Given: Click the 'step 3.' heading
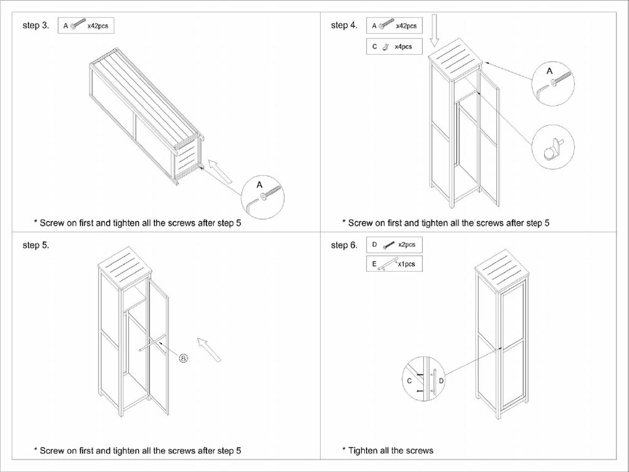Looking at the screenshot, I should tap(35, 26).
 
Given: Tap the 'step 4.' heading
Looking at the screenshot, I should tap(343, 26).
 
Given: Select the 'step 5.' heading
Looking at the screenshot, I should tap(35, 245).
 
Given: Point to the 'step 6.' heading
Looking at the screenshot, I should tap(343, 245).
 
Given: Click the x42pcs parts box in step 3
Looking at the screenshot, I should tap(86, 26).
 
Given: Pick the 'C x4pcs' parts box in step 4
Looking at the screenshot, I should tap(394, 47).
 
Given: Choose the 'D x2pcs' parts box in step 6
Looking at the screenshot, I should tap(394, 245).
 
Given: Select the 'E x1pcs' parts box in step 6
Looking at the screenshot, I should tap(394, 264).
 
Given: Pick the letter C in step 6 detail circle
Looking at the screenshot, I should tap(409, 380).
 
